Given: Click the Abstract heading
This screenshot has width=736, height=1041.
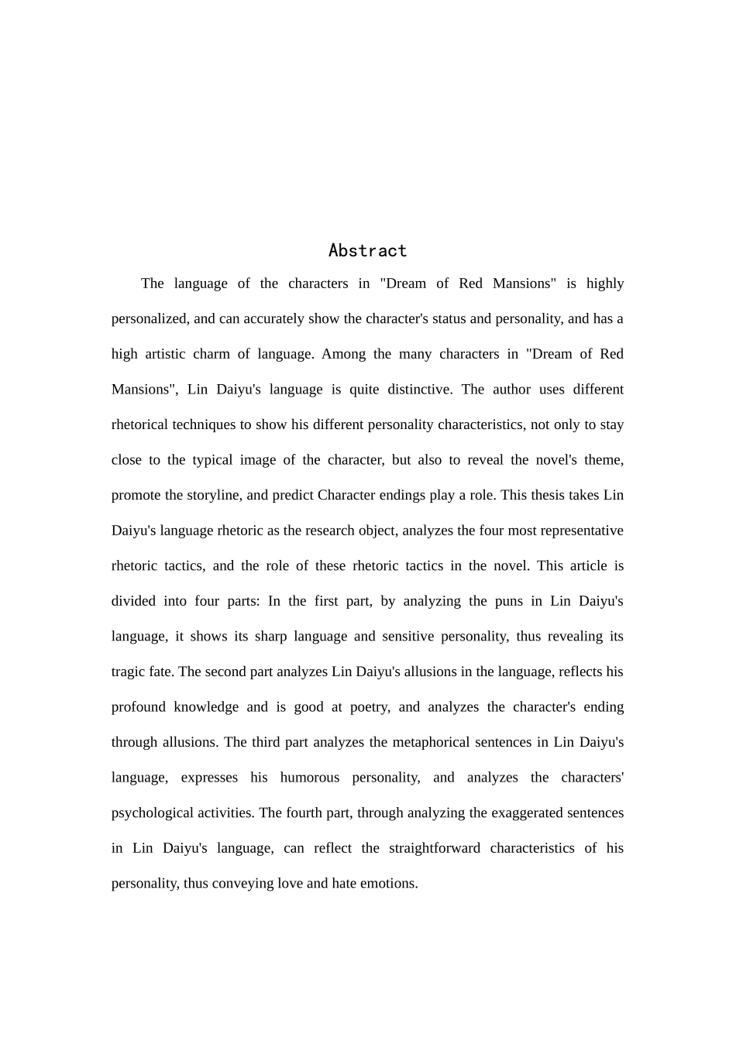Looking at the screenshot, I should pyautogui.click(x=367, y=250).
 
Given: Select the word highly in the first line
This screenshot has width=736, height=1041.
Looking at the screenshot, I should pyautogui.click(x=605, y=283).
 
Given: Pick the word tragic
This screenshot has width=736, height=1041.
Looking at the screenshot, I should pyautogui.click(x=128, y=672).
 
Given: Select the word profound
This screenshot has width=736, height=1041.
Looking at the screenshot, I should pyautogui.click(x=138, y=706).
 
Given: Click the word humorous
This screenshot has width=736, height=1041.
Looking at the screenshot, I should pyautogui.click(x=309, y=777).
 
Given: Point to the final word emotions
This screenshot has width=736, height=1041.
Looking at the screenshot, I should pyautogui.click(x=390, y=883).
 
